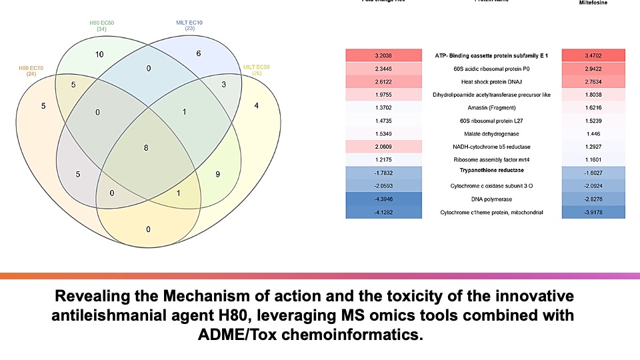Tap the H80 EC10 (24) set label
tap(31, 70)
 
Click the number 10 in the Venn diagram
tap(99, 53)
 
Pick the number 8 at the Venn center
tap(146, 147)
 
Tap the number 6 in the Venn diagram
tap(199, 53)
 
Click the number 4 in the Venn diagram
tap(255, 105)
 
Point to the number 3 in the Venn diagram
tap(224, 85)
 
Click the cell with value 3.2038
tap(384, 56)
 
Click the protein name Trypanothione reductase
tap(492, 170)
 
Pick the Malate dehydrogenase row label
tap(492, 133)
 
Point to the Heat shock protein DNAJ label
tap(492, 81)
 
